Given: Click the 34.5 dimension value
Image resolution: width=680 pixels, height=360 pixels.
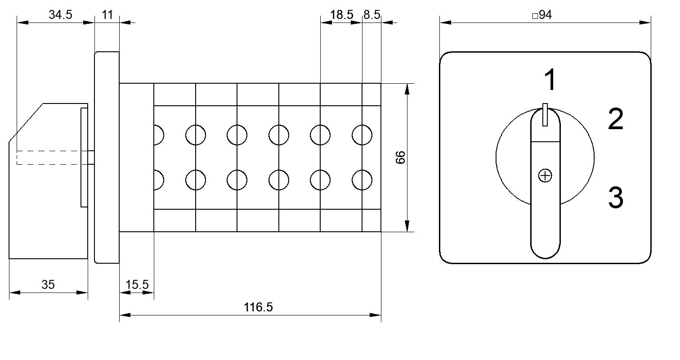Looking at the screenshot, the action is tap(60, 14).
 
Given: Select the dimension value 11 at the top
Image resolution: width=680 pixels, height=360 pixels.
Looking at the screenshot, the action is tap(107, 14).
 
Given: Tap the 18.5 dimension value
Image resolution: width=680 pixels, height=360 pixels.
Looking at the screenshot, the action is tap(341, 14).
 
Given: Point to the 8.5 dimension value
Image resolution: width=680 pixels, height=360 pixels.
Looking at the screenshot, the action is tap(371, 14).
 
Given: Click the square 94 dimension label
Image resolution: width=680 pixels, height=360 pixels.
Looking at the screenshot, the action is tap(542, 14).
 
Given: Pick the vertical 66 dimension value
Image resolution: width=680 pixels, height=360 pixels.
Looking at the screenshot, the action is tap(401, 157).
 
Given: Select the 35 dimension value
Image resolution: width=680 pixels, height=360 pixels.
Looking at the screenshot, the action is tap(48, 285).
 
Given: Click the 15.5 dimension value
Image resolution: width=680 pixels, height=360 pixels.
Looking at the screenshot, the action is tap(137, 285).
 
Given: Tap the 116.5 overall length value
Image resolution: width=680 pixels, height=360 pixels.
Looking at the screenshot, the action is tap(258, 307).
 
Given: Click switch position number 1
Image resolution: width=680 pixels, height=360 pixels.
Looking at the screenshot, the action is tap(550, 80).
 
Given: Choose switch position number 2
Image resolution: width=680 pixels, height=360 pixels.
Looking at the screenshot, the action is tap(616, 119).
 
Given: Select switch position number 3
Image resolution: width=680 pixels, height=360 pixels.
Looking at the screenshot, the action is tap(616, 198).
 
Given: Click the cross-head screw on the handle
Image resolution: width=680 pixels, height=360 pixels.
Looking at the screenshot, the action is tap(545, 175).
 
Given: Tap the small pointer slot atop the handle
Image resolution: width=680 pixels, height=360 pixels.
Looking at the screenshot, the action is tap(545, 115).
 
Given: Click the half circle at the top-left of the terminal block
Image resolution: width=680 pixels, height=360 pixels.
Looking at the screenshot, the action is tap(159, 135).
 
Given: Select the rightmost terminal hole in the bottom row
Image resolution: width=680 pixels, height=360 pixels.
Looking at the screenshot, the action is tap(362, 180).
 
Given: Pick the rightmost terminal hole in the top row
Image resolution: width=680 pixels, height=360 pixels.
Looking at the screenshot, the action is tap(362, 135).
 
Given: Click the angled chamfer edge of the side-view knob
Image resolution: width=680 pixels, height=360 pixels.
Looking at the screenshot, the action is tap(26, 122).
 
